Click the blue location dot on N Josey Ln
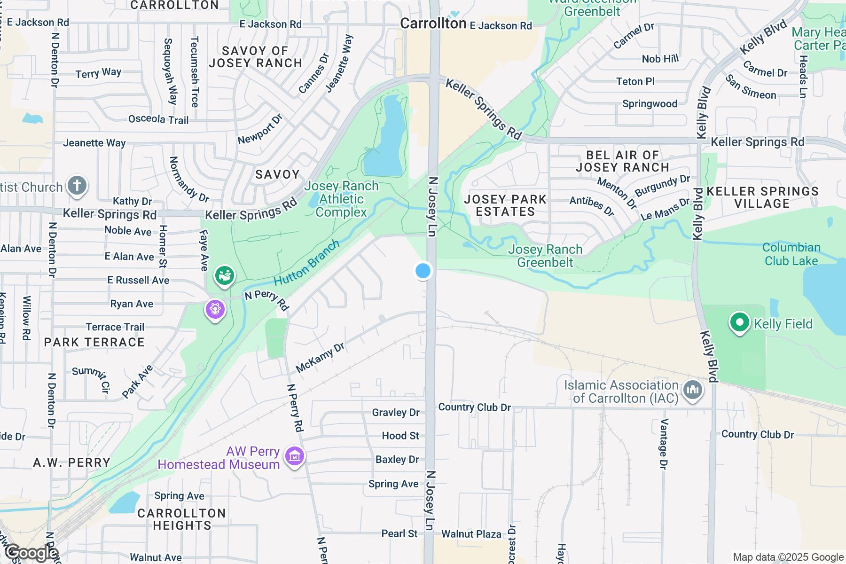click(x=423, y=271)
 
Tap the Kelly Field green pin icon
click(x=740, y=323)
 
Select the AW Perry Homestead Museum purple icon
click(x=295, y=456)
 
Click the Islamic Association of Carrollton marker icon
click(x=693, y=390)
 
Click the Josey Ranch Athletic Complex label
click(x=341, y=199)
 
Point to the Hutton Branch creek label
click(x=306, y=263)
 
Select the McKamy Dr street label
click(x=320, y=358)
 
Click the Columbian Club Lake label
click(x=791, y=254)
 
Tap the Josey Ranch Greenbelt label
click(x=545, y=256)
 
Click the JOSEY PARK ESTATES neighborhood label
click(x=505, y=205)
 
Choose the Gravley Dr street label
click(x=395, y=412)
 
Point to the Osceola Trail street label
click(x=158, y=119)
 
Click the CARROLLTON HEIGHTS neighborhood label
click(x=182, y=519)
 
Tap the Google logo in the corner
click(x=31, y=553)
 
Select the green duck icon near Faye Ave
click(x=225, y=275)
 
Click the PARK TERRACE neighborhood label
click(x=94, y=342)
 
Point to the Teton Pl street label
click(x=635, y=81)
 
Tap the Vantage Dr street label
click(x=664, y=443)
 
